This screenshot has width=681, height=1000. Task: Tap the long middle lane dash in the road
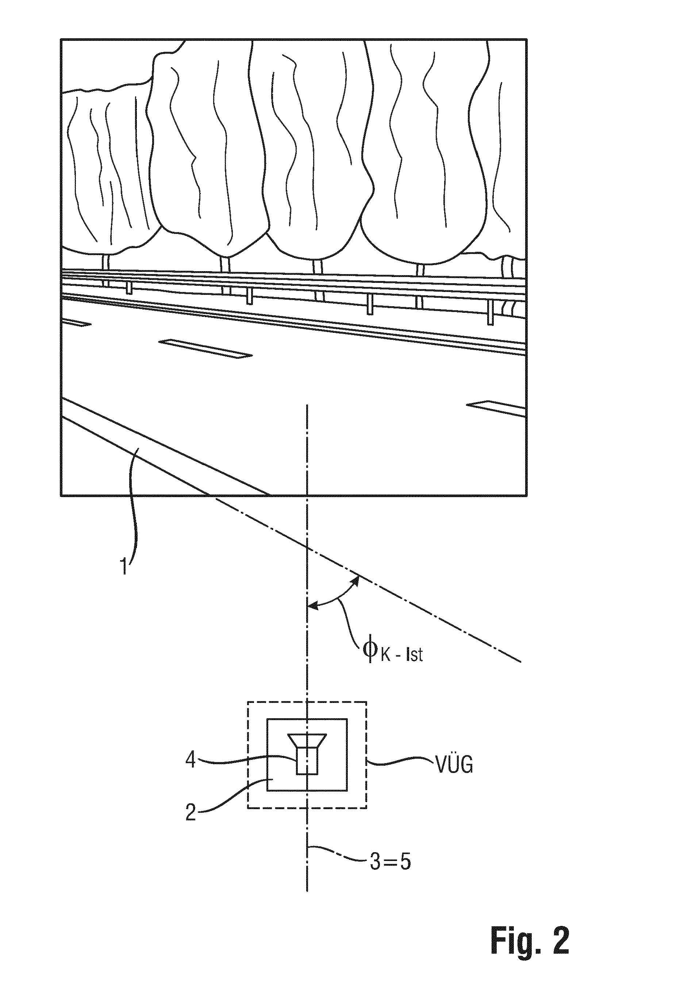coord(205,348)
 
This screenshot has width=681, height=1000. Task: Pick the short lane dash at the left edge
coord(77,322)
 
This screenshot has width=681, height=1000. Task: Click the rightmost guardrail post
coord(489,313)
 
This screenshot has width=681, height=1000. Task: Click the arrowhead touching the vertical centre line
coord(312,607)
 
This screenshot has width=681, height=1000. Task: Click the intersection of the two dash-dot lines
coord(307,547)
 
